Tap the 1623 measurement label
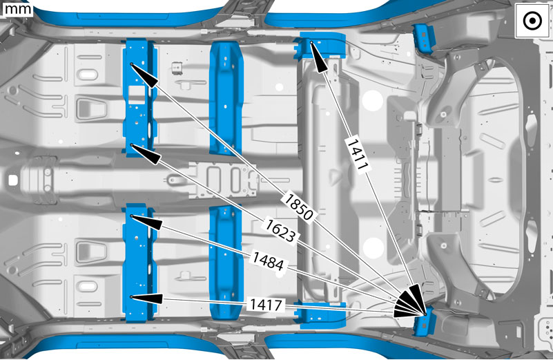pyautogui.click(x=280, y=231)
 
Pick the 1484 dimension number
pyautogui.click(x=268, y=260)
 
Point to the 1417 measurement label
pyautogui.click(x=266, y=305)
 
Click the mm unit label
pyautogui.click(x=17, y=9)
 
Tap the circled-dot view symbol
pyautogui.click(x=532, y=21)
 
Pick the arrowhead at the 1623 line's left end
pyautogui.click(x=145, y=153)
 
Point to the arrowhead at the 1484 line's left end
pyautogui.click(x=146, y=222)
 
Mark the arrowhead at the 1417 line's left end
pyautogui.click(x=146, y=299)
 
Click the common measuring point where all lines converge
pyautogui.click(x=425, y=314)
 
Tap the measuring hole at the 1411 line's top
pyautogui.click(x=311, y=42)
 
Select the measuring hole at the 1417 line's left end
pyautogui.click(x=131, y=297)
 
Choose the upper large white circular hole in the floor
pyautogui.click(x=372, y=101)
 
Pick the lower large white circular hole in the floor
pyautogui.click(x=373, y=248)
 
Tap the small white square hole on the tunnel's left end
pyautogui.click(x=12, y=180)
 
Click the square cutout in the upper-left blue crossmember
pyautogui.click(x=137, y=95)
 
